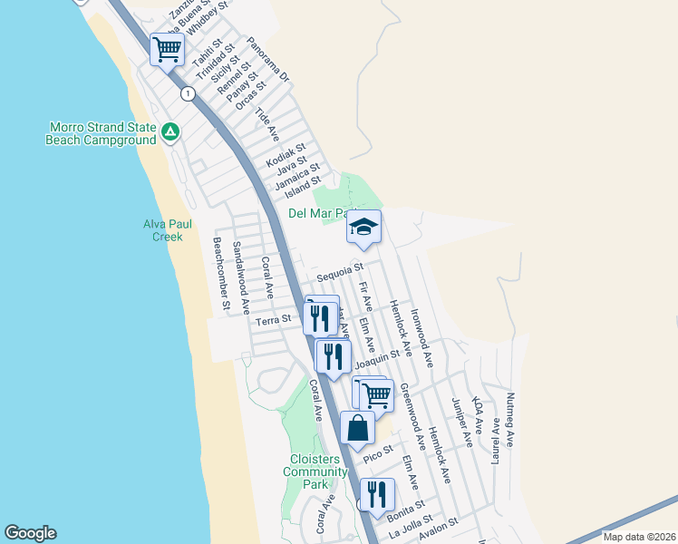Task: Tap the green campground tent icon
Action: coord(169,132)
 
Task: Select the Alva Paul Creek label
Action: coord(163,230)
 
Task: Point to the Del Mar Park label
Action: coord(315,214)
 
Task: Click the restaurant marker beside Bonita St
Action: coord(377,494)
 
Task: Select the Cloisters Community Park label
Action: coord(315,471)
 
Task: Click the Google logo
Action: coord(30,533)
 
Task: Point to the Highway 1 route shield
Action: coord(187,93)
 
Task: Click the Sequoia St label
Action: coord(340,269)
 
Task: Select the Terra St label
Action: coord(273,319)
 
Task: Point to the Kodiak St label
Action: coord(286,153)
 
